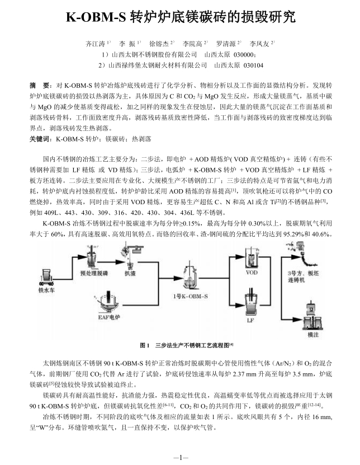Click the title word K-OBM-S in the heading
96,17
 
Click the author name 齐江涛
95,44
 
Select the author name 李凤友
259,44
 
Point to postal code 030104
253,65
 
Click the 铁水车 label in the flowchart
46,290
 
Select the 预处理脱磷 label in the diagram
94,273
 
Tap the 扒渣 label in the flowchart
130,273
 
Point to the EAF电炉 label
110,317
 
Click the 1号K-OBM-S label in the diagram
191,296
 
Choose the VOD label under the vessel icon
252,273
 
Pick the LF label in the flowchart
250,320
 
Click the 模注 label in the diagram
313,335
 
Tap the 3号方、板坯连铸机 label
303,276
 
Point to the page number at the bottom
180,457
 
